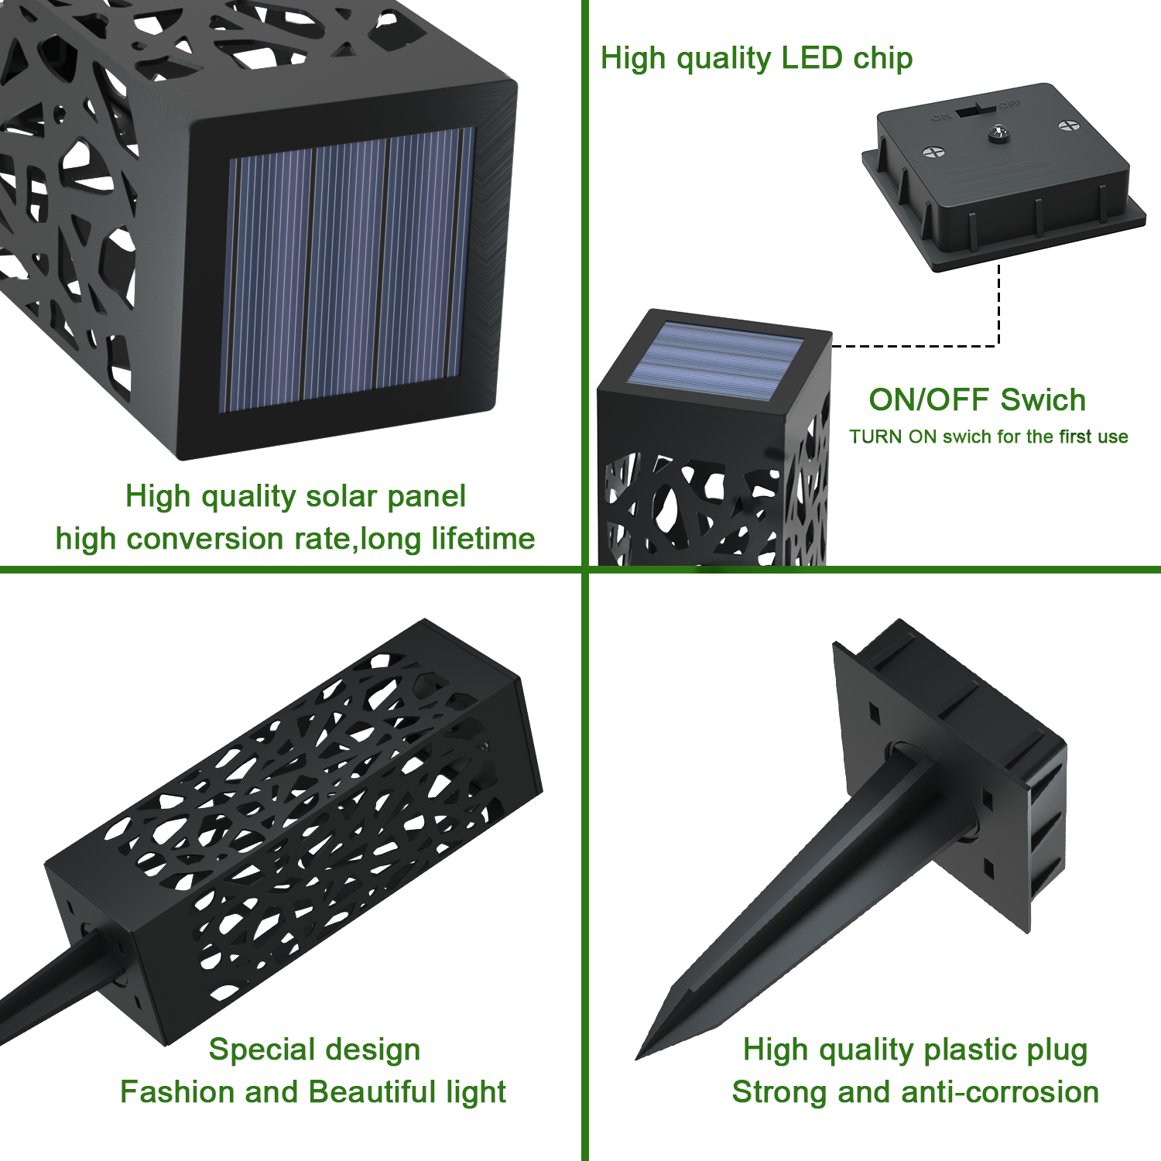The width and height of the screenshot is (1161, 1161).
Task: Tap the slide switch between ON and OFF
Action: [977, 110]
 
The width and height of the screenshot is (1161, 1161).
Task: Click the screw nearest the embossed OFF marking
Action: [1068, 126]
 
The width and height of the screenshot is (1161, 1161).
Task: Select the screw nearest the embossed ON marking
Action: [934, 152]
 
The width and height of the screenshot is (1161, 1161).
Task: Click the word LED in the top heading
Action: [811, 58]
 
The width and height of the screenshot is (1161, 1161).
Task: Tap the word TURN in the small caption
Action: [875, 437]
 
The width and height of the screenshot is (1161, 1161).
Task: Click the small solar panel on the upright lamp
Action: [714, 361]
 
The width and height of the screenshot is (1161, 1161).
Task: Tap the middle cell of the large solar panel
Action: [344, 269]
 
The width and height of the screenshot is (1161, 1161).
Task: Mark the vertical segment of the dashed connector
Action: [998, 306]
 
